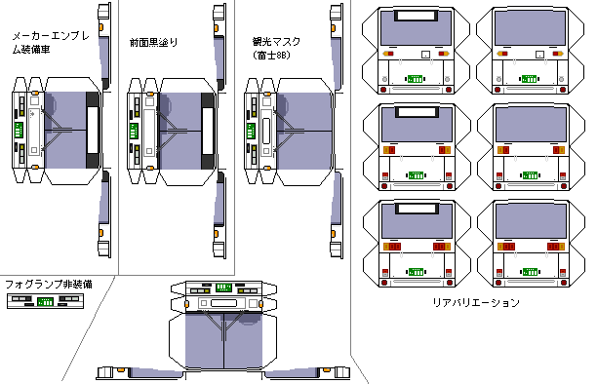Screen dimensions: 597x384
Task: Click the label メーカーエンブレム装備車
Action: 51,43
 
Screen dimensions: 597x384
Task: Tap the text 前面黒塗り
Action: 153,42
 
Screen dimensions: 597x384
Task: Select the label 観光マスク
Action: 276,42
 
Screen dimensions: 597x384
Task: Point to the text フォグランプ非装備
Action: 49,284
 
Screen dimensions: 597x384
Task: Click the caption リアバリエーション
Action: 476,302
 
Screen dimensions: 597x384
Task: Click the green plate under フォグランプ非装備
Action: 45,302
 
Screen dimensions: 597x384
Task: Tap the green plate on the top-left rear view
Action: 415,79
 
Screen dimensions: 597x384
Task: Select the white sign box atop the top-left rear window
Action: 416,16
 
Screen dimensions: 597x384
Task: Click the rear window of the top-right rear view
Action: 530,28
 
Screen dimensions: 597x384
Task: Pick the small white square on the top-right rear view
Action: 539,54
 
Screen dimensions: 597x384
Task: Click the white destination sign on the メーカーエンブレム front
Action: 93,130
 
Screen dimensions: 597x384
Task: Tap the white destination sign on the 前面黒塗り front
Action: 208,131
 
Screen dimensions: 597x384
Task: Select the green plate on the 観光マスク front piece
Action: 251,131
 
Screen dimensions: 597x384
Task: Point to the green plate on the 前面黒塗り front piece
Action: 134,131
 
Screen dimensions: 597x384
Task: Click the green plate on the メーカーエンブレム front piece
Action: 19,130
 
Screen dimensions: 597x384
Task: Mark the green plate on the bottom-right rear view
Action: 530,272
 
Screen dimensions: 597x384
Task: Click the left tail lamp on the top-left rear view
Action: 387,54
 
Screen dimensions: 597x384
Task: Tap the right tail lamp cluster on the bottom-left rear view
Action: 442,247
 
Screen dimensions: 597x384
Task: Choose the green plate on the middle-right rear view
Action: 530,175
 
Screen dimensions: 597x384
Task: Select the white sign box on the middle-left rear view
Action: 416,112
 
